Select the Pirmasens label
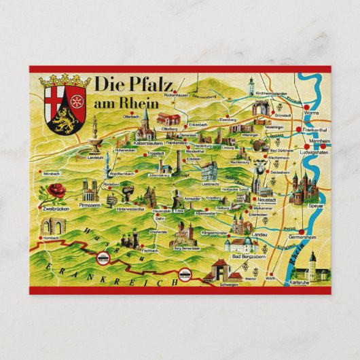tap(90, 202)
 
